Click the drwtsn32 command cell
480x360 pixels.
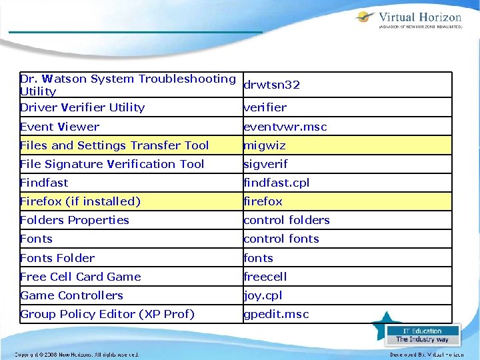[271, 85]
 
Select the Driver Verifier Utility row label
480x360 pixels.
[83, 107]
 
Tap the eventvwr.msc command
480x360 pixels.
[285, 127]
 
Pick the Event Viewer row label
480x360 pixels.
[60, 127]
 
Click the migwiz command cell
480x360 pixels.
[265, 145]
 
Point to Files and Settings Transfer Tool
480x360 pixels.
[115, 145]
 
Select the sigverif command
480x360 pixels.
[265, 164]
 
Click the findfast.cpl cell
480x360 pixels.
[277, 183]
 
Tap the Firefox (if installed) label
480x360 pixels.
[81, 201]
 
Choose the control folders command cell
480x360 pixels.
[287, 220]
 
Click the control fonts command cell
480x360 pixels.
[281, 239]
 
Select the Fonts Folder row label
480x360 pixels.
[57, 258]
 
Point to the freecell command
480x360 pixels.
[266, 277]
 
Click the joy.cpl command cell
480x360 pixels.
[263, 295]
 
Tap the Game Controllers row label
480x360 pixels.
[72, 295]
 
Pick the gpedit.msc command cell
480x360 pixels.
[276, 314]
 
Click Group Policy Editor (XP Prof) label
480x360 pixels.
[107, 314]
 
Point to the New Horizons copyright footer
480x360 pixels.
[77, 355]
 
